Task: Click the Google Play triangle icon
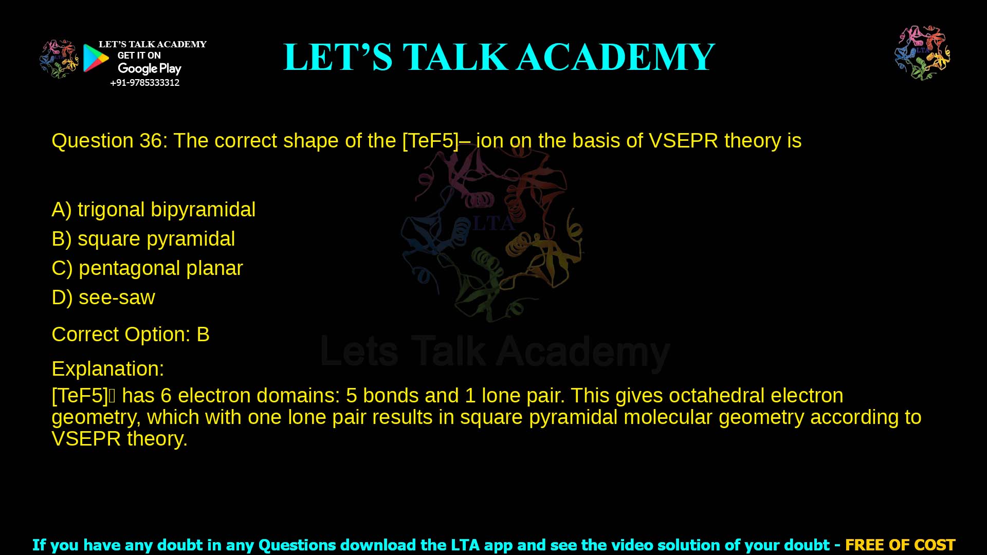(x=96, y=58)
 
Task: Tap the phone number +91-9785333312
(x=145, y=83)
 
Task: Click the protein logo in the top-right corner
(x=922, y=53)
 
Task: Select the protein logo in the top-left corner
(x=59, y=59)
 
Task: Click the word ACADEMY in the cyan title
(x=616, y=57)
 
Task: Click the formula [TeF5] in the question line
(x=430, y=141)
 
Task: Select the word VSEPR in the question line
(x=683, y=141)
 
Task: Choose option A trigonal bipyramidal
(x=154, y=210)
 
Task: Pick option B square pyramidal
(x=143, y=239)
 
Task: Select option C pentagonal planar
(x=147, y=268)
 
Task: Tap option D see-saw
(x=103, y=298)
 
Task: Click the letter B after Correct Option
(x=203, y=335)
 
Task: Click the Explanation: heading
(x=108, y=369)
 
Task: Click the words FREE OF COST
(x=900, y=545)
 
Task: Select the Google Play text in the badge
(x=150, y=69)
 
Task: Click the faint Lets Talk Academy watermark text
(x=495, y=352)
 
